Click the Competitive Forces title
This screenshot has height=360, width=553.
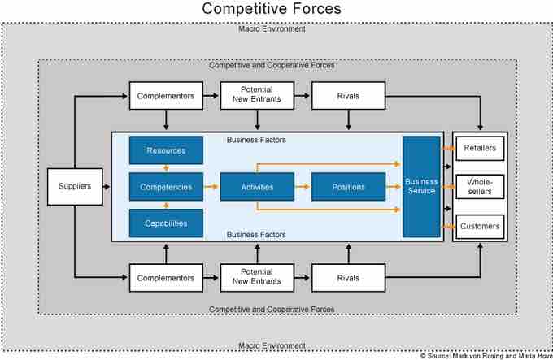click(x=272, y=10)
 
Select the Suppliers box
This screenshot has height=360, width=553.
click(x=75, y=186)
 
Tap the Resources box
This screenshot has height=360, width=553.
click(x=166, y=150)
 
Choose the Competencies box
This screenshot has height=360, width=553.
click(x=166, y=187)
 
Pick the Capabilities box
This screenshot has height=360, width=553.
click(x=166, y=223)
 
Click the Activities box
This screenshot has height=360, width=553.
click(x=257, y=187)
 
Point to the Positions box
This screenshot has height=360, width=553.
click(x=348, y=187)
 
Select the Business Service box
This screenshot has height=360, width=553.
click(x=421, y=186)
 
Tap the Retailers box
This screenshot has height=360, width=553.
click(x=480, y=149)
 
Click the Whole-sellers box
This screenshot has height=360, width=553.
click(x=480, y=187)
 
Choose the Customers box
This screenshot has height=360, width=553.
click(x=480, y=225)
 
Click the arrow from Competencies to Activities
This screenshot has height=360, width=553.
click(x=211, y=187)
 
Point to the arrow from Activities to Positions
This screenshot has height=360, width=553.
click(x=302, y=187)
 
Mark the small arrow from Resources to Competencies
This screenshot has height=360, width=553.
click(x=166, y=168)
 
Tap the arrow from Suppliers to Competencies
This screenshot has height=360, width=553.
click(x=115, y=187)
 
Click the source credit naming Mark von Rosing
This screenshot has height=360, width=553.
click(x=486, y=355)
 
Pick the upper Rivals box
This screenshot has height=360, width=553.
click(x=348, y=96)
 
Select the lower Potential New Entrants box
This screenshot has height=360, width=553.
click(x=257, y=277)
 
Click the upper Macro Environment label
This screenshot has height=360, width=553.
click(x=272, y=28)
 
